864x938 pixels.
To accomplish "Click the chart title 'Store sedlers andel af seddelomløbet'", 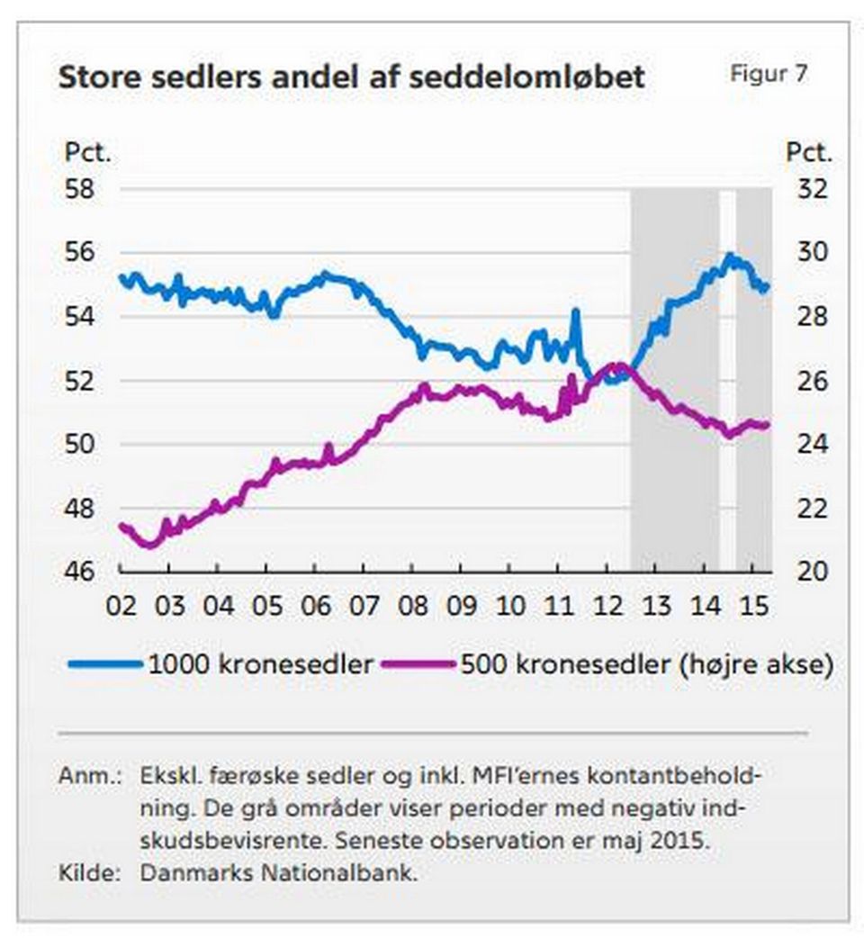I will coord(351,77).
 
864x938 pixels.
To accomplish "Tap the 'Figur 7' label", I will coord(768,74).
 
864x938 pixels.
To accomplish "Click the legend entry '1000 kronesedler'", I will coord(260,665).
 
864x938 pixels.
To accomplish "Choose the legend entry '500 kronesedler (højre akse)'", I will coord(645,665).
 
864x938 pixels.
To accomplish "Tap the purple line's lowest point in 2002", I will coord(149,545).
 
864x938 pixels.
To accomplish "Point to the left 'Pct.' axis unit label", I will coord(87,152).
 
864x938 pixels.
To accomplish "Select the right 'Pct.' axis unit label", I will coord(809,152).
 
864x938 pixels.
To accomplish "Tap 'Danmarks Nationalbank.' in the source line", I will coord(279,871).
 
